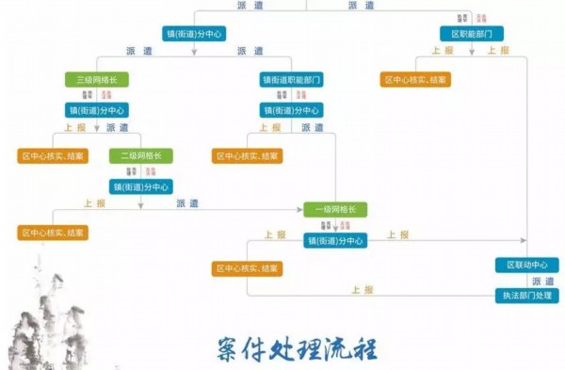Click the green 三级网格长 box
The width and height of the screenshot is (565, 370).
click(x=96, y=80)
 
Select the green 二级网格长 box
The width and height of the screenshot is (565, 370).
click(x=141, y=155)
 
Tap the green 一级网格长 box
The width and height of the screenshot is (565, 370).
click(x=334, y=209)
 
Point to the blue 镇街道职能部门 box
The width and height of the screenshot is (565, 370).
click(x=292, y=80)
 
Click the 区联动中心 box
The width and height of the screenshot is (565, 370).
click(x=526, y=265)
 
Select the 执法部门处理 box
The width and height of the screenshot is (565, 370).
click(x=526, y=296)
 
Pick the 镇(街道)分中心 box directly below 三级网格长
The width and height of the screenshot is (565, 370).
click(x=96, y=110)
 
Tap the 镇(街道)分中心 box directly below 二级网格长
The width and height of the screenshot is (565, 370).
click(x=141, y=186)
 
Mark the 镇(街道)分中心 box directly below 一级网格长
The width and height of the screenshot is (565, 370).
click(x=334, y=240)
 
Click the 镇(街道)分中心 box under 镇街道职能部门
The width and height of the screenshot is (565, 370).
click(x=292, y=110)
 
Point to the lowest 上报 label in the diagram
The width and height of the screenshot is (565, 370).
click(x=363, y=288)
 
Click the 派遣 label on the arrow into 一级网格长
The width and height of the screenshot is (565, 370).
click(x=187, y=202)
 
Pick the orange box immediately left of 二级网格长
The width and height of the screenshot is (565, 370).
click(x=53, y=155)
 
